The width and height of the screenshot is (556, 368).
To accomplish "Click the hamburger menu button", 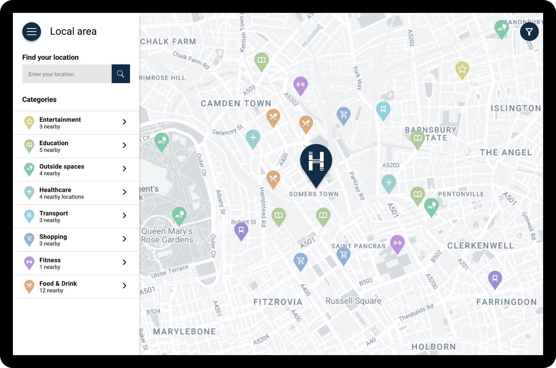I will coord(32,32).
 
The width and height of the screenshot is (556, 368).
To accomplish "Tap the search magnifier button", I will coord(121,74).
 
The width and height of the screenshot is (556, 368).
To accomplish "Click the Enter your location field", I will coord(67,74).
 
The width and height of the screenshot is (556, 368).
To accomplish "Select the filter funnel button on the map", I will coord(529,32).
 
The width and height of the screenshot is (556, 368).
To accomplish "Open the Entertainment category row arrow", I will coord(125,122).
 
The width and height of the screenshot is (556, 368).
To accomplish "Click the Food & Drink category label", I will coord(58,283).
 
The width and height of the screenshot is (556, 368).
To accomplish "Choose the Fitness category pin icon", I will coord(29,263).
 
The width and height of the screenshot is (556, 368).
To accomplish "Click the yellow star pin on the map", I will coord(462,70).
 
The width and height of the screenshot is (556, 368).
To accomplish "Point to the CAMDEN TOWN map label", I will coord(236,103).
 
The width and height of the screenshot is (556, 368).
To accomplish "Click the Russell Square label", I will coord(353,301).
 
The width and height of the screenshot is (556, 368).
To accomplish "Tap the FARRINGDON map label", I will coord(506,302).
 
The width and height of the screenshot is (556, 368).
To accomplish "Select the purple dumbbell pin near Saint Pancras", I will coord(397,244).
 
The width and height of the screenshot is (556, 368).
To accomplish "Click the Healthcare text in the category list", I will coord(55,190).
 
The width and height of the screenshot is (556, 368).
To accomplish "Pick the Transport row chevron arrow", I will coord(125,215).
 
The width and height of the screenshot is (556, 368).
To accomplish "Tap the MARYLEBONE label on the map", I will coord(184,331).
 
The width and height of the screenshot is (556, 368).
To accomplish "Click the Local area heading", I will coord(73,32).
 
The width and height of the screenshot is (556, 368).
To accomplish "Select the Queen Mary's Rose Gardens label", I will coord(167,235).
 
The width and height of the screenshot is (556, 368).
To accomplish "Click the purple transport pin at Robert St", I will coord(241,231).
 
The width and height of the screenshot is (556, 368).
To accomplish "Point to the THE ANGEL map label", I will coord(506,152).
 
